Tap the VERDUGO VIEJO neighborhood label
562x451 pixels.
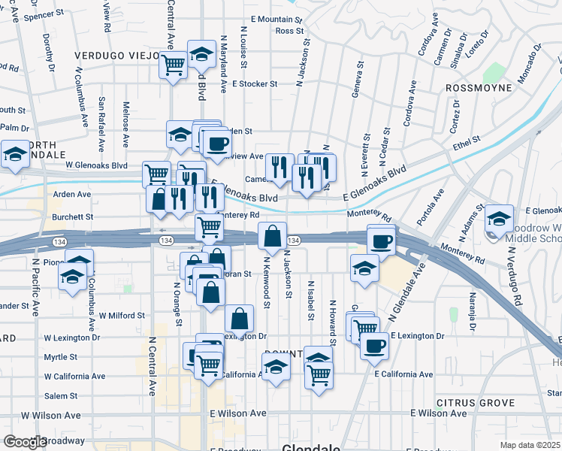click(116, 56)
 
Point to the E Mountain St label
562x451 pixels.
click(276, 20)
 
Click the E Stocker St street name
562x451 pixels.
click(256, 84)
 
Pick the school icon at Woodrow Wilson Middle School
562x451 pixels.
click(499, 218)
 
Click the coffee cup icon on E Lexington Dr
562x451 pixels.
click(374, 346)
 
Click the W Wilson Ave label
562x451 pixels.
click(51, 415)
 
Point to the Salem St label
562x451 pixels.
click(61, 396)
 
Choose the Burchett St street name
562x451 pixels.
click(68, 217)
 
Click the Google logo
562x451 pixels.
click(25, 442)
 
